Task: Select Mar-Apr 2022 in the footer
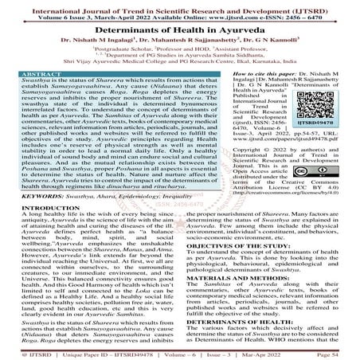pyautogui.click(x=280, y=350)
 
